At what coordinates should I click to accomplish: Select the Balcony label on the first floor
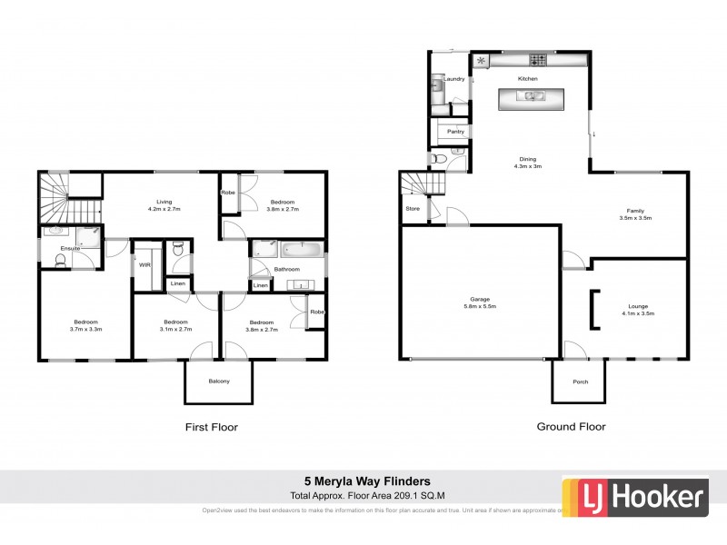click(218, 381)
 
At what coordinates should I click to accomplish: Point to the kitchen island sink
click(529, 94)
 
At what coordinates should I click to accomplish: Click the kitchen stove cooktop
click(538, 61)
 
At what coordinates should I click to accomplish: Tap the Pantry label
click(455, 132)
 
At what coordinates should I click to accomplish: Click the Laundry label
click(454, 79)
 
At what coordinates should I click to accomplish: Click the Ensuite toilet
click(60, 261)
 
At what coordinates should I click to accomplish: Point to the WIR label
click(144, 264)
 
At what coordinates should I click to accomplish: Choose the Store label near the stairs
click(413, 209)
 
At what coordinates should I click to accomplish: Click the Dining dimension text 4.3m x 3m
click(527, 166)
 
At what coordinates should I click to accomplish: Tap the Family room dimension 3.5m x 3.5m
click(635, 218)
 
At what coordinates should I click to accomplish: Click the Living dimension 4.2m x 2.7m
click(164, 210)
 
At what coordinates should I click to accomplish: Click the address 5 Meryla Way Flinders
click(366, 481)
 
